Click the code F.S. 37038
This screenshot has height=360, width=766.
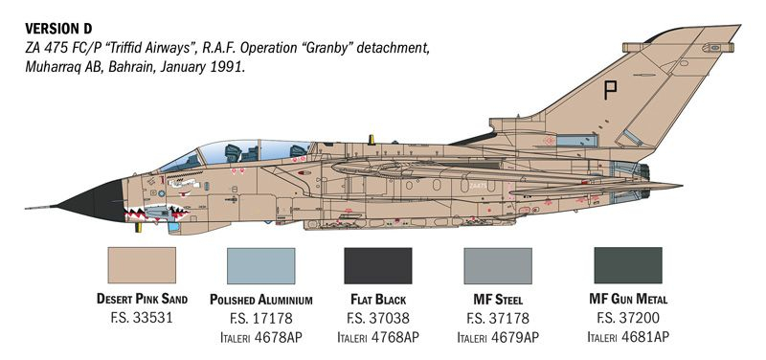(x=377, y=318)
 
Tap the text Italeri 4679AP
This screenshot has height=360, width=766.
(x=497, y=337)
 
